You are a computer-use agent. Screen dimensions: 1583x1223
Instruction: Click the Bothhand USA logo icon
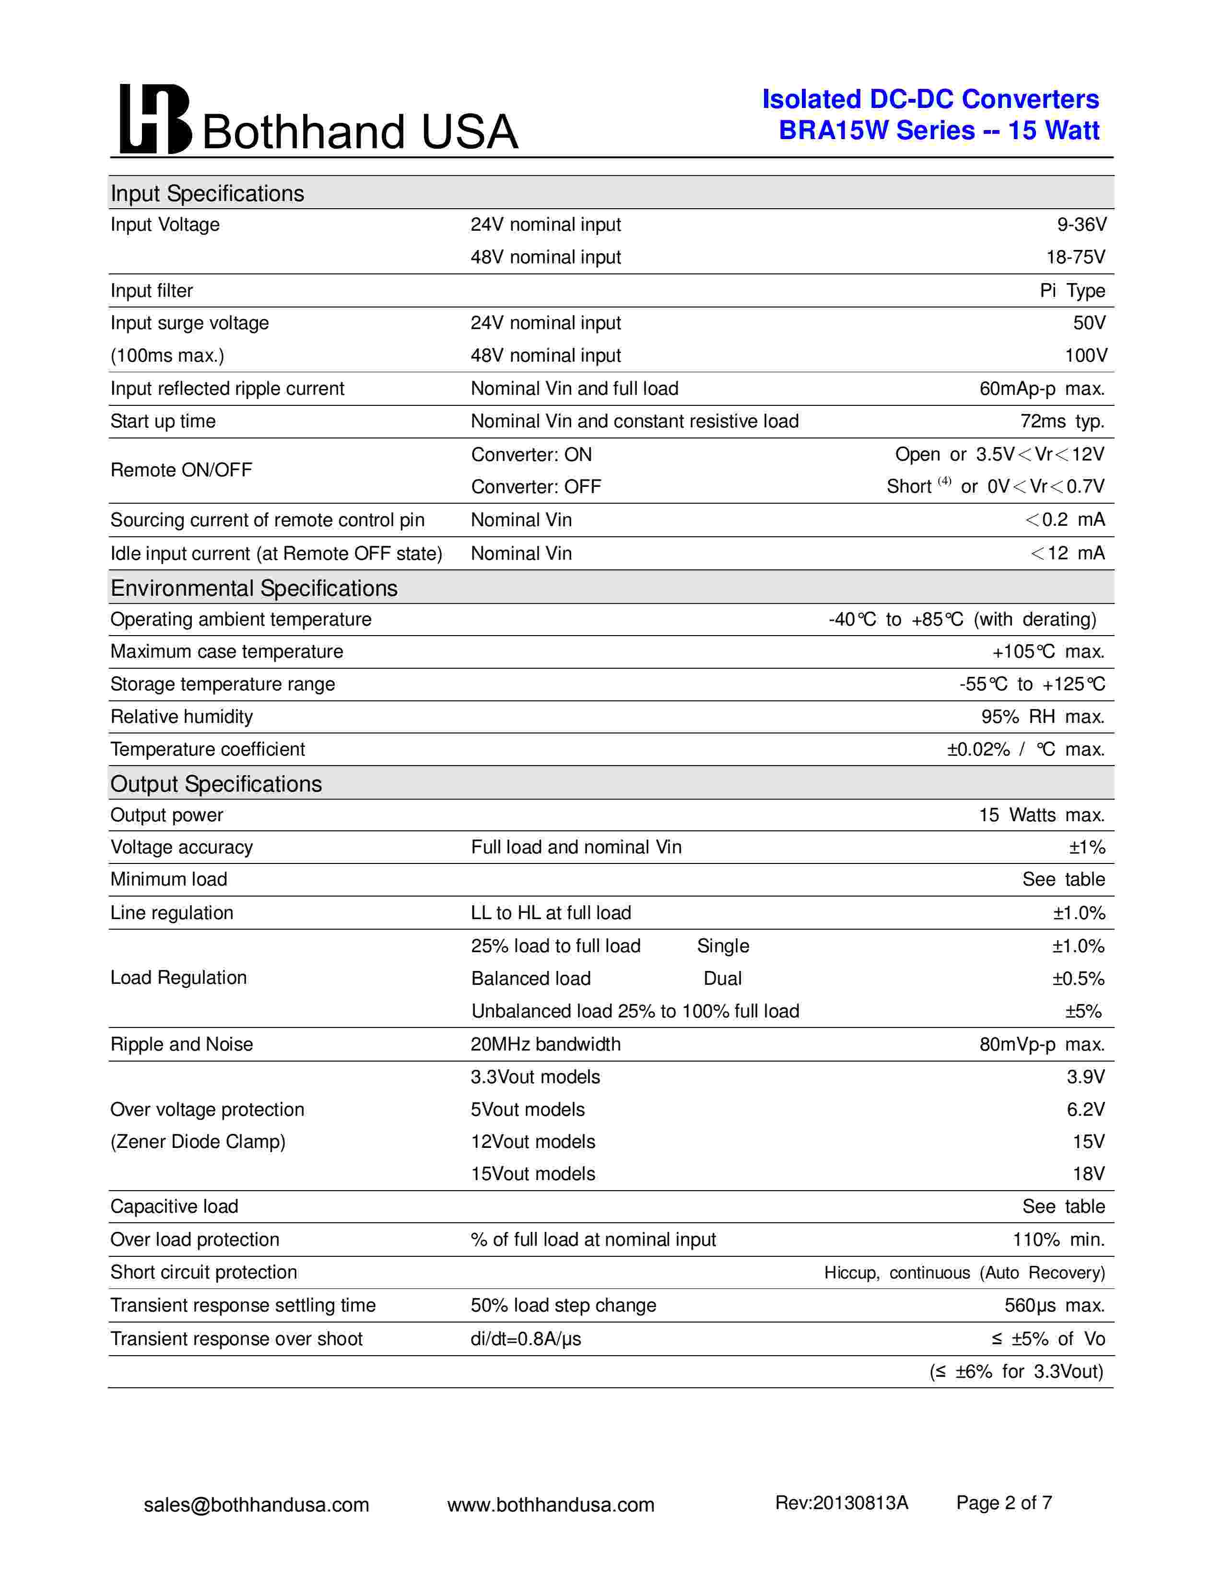point(155,119)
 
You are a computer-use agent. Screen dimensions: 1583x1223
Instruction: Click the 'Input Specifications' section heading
point(207,193)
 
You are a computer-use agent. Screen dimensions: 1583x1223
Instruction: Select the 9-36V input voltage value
point(1081,224)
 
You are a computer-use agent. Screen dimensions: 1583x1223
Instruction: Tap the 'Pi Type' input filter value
point(1072,291)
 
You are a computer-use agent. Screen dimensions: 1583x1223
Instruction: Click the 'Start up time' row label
point(163,421)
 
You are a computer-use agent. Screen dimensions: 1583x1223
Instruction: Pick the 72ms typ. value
point(1062,421)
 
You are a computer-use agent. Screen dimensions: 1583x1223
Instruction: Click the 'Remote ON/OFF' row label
point(181,470)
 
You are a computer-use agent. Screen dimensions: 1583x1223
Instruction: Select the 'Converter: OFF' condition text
point(536,486)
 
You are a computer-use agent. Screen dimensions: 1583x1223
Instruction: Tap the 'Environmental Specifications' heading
point(254,588)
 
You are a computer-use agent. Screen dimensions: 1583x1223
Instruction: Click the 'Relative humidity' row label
point(182,716)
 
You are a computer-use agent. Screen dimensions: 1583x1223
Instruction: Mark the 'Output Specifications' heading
point(216,783)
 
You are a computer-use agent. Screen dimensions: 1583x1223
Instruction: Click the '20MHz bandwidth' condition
point(546,1044)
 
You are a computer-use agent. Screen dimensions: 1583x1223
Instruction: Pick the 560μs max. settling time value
point(1054,1305)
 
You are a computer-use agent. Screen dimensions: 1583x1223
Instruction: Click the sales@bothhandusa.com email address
point(257,1505)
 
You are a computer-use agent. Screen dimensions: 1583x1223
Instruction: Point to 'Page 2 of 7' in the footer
point(1003,1502)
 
